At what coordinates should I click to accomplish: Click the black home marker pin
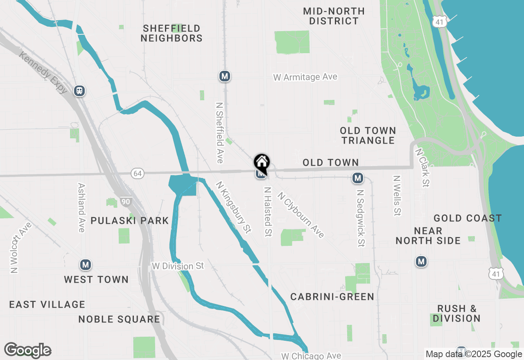click(x=262, y=163)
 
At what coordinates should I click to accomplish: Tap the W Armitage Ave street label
click(x=305, y=77)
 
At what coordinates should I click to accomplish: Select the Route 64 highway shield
click(x=138, y=173)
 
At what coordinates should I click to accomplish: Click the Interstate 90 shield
click(x=126, y=201)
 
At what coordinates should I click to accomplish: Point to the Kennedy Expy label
click(x=43, y=73)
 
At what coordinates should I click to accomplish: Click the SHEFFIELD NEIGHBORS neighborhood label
click(x=172, y=33)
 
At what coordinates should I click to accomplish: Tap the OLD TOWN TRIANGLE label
click(x=368, y=135)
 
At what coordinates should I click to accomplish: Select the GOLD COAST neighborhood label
click(x=468, y=218)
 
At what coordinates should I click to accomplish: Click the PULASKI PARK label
click(x=130, y=220)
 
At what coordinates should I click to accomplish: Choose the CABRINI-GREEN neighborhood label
click(x=332, y=297)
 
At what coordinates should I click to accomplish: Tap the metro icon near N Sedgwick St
click(x=358, y=178)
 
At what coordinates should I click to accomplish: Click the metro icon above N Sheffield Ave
click(x=224, y=76)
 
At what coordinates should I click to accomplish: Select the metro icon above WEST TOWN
click(x=86, y=265)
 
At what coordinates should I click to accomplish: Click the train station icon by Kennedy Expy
click(x=79, y=91)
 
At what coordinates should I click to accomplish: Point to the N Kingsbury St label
click(x=233, y=207)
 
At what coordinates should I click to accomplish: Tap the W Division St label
click(x=178, y=266)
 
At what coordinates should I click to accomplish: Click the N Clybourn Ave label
click(x=301, y=215)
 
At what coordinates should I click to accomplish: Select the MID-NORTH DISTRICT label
click(x=334, y=16)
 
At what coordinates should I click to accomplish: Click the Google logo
click(x=27, y=350)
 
